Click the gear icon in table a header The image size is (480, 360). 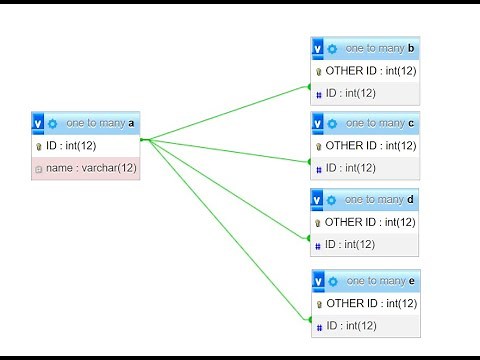(53, 123)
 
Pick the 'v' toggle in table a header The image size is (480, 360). (38, 123)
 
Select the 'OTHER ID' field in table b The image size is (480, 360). (370, 71)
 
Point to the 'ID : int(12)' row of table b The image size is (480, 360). (350, 93)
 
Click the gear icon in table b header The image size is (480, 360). (332, 48)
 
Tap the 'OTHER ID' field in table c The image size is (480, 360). (370, 146)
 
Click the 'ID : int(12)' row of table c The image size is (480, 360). (350, 168)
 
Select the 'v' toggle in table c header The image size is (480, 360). (317, 123)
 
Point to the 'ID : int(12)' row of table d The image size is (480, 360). (350, 245)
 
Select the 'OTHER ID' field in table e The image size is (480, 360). (370, 303)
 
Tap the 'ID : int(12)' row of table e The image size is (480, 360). (350, 325)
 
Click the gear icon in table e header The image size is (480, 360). (332, 280)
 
